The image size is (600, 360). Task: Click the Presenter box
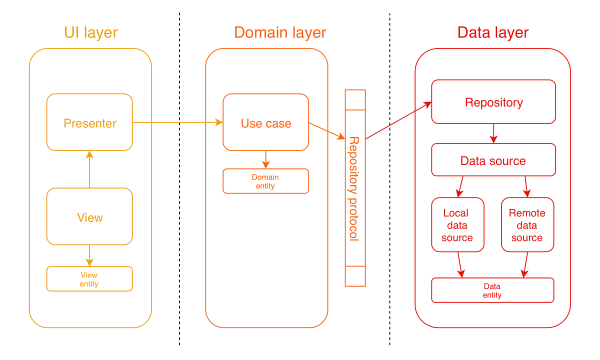(x=89, y=122)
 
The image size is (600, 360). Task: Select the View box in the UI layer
(x=89, y=216)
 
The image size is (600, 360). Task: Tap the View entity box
(x=89, y=279)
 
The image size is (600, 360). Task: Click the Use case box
(x=265, y=122)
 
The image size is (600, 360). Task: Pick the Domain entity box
(x=265, y=181)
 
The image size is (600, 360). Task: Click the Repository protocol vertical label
(x=354, y=188)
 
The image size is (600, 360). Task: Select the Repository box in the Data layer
(x=493, y=102)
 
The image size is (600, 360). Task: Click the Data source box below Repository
(x=493, y=160)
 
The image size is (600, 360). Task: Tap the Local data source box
(x=457, y=225)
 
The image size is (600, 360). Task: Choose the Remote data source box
(x=527, y=225)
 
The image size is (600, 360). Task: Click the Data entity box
(x=492, y=290)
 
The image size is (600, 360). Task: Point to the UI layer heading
(x=90, y=33)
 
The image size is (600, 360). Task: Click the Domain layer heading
(x=280, y=33)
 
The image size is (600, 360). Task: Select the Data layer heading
(x=492, y=33)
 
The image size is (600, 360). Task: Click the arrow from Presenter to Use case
(x=177, y=122)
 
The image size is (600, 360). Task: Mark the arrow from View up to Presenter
(x=89, y=170)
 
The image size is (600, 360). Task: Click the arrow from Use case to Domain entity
(x=265, y=159)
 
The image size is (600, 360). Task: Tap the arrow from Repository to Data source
(x=493, y=133)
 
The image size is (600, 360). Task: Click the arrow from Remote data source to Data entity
(x=525, y=264)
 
